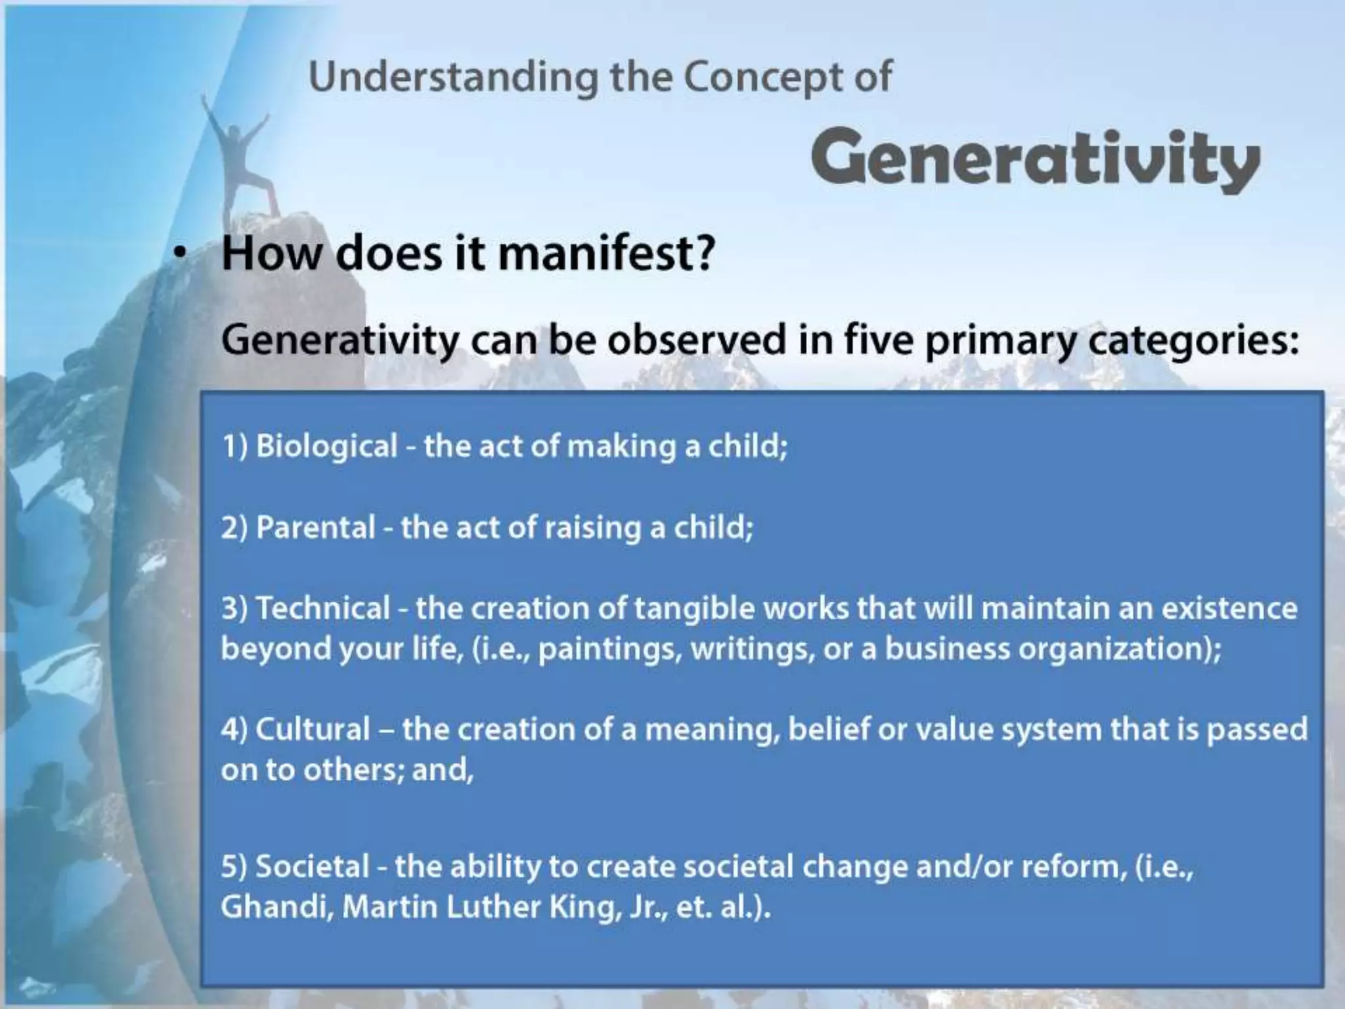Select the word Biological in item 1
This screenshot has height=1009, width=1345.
point(326,447)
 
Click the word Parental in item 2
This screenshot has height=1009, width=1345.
point(315,527)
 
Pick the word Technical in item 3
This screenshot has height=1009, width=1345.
point(322,608)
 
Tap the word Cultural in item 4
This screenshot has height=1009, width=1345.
point(313,730)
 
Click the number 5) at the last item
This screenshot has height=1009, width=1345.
point(233,866)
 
